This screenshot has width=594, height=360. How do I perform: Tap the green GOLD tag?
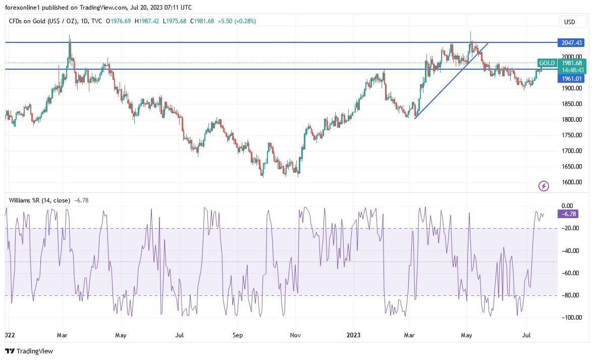coord(547,63)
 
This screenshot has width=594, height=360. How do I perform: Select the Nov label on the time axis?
coord(296,335)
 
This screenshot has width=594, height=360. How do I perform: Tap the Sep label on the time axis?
coord(238,335)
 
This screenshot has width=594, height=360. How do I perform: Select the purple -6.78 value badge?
coord(567,214)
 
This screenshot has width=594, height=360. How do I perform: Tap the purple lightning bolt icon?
coord(544,186)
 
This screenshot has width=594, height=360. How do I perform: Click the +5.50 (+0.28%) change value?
coord(240,21)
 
